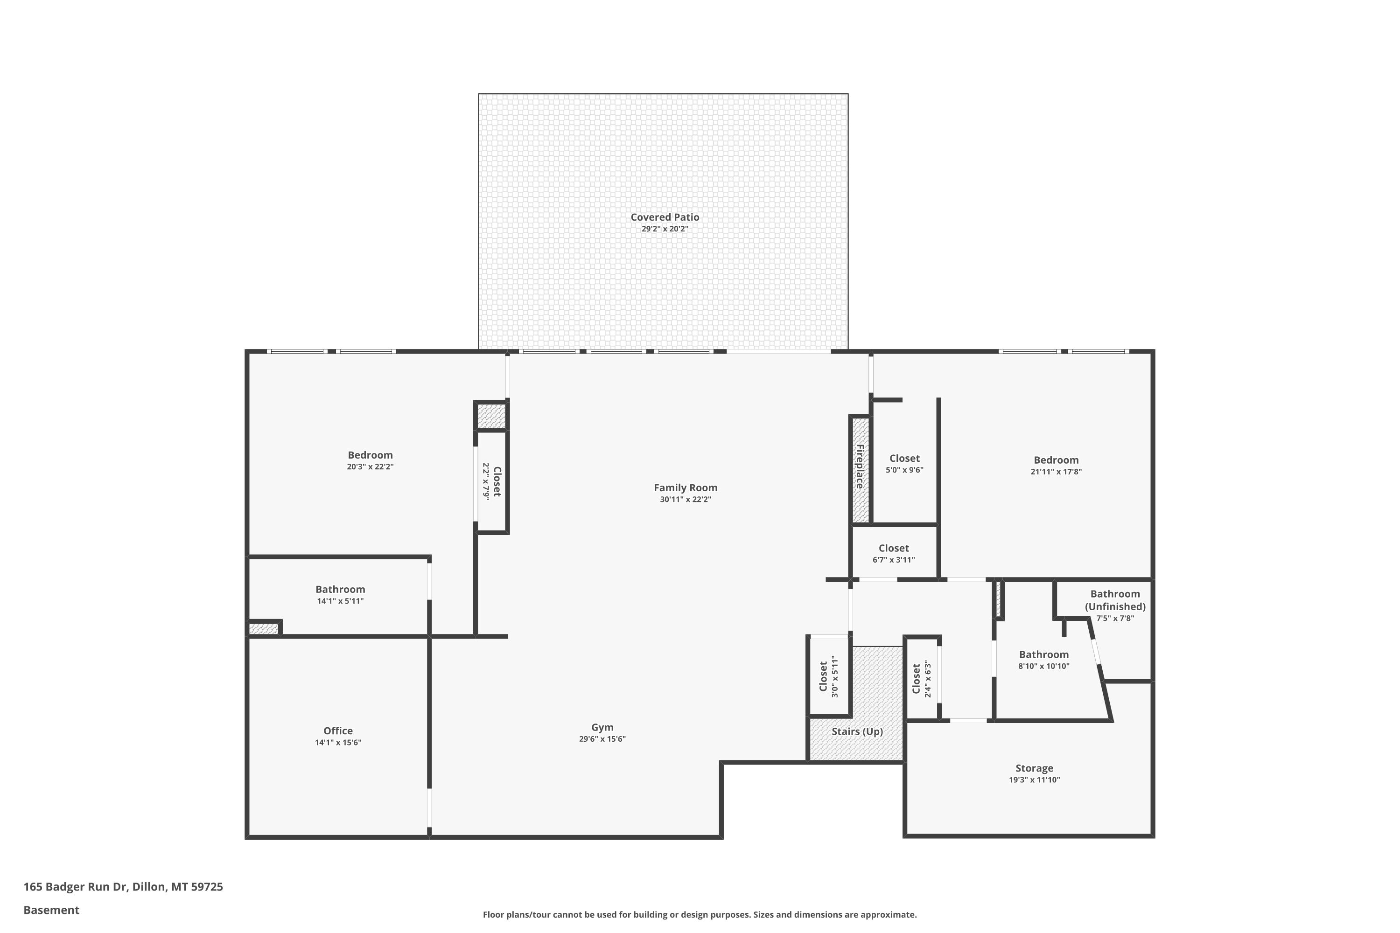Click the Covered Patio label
[x=665, y=217]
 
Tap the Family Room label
[x=685, y=487]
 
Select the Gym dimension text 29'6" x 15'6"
[x=602, y=739]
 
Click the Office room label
[x=338, y=731]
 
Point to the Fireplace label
[x=860, y=466]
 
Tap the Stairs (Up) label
[x=857, y=731]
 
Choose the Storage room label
[x=1035, y=768]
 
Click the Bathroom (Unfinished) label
[x=1115, y=600]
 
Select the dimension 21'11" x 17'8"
[x=1056, y=472]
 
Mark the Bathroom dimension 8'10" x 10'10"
[x=1044, y=667]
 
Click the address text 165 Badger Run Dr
[x=75, y=887]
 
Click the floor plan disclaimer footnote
[x=700, y=914]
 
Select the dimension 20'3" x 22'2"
[x=370, y=467]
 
